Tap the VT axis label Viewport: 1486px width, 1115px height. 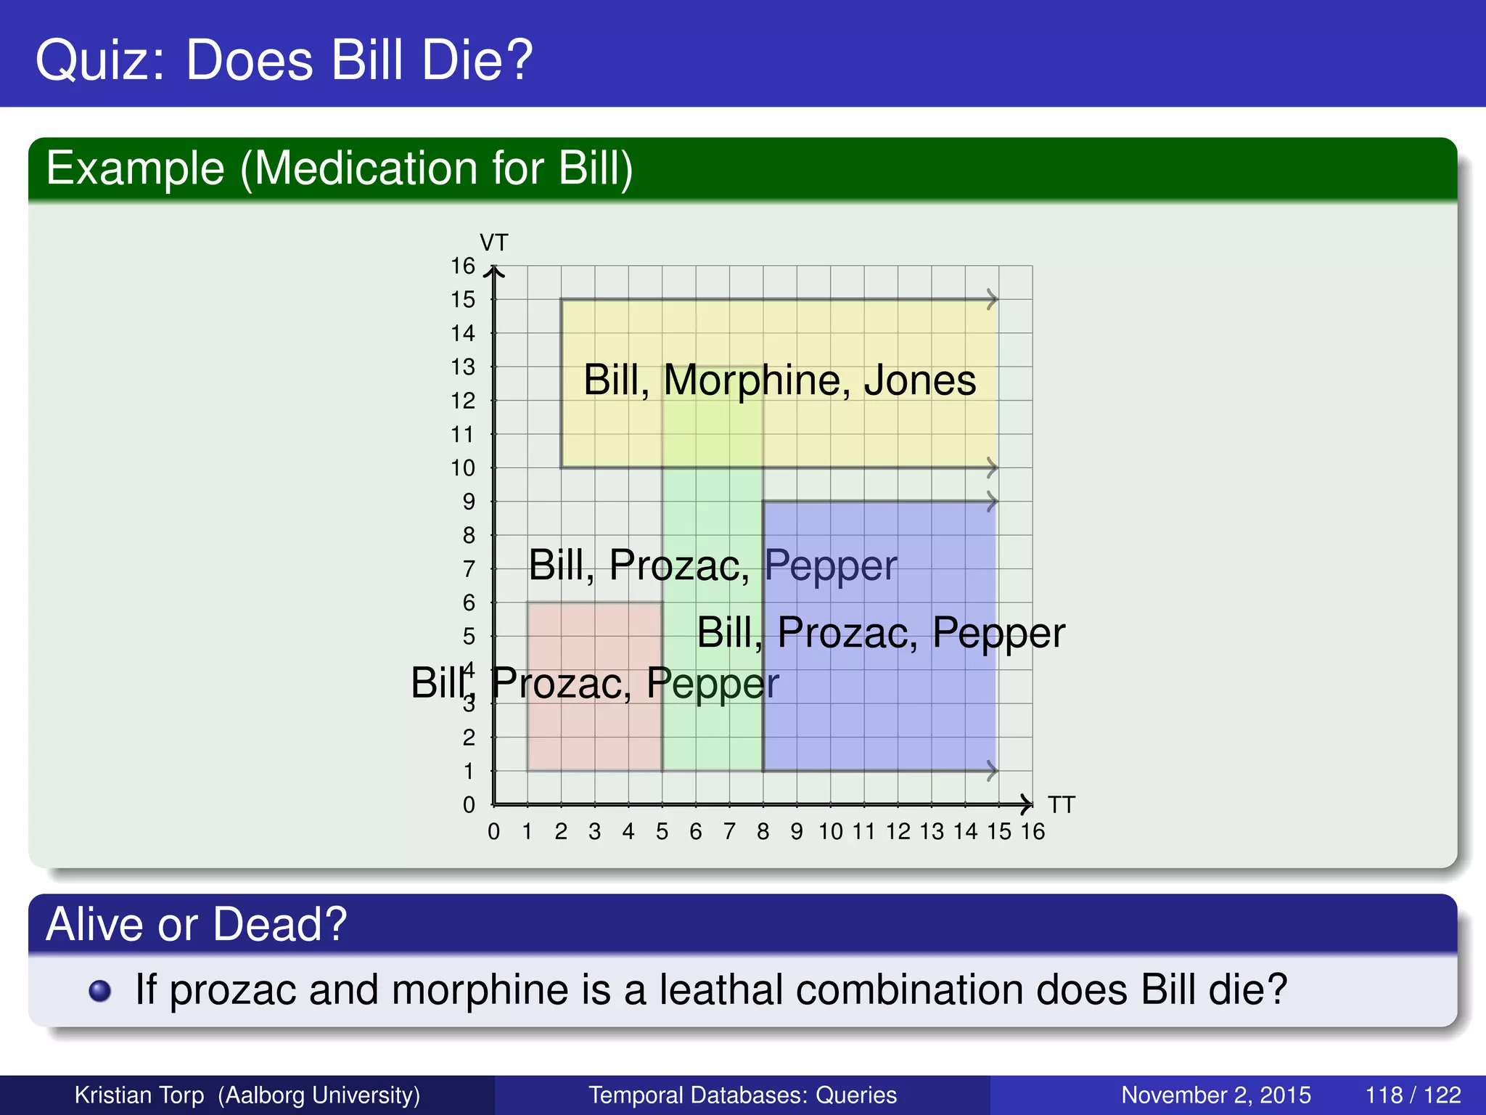click(493, 242)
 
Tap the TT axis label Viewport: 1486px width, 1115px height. click(1061, 805)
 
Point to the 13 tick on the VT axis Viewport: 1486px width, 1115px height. click(463, 367)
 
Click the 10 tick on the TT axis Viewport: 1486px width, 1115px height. click(830, 832)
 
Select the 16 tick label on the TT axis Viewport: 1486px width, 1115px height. click(1033, 832)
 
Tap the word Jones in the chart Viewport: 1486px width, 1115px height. click(919, 380)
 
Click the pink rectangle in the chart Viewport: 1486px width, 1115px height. click(594, 733)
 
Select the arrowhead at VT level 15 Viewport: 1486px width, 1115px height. click(992, 299)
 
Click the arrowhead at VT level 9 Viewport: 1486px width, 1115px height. click(992, 502)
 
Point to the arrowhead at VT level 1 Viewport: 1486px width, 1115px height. click(992, 771)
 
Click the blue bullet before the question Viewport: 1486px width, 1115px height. click(99, 991)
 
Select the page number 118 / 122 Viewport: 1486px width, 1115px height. click(1412, 1095)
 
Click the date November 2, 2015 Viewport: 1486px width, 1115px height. click(1215, 1095)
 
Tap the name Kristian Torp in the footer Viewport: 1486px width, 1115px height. click(139, 1095)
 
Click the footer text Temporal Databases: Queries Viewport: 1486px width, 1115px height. click(742, 1095)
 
